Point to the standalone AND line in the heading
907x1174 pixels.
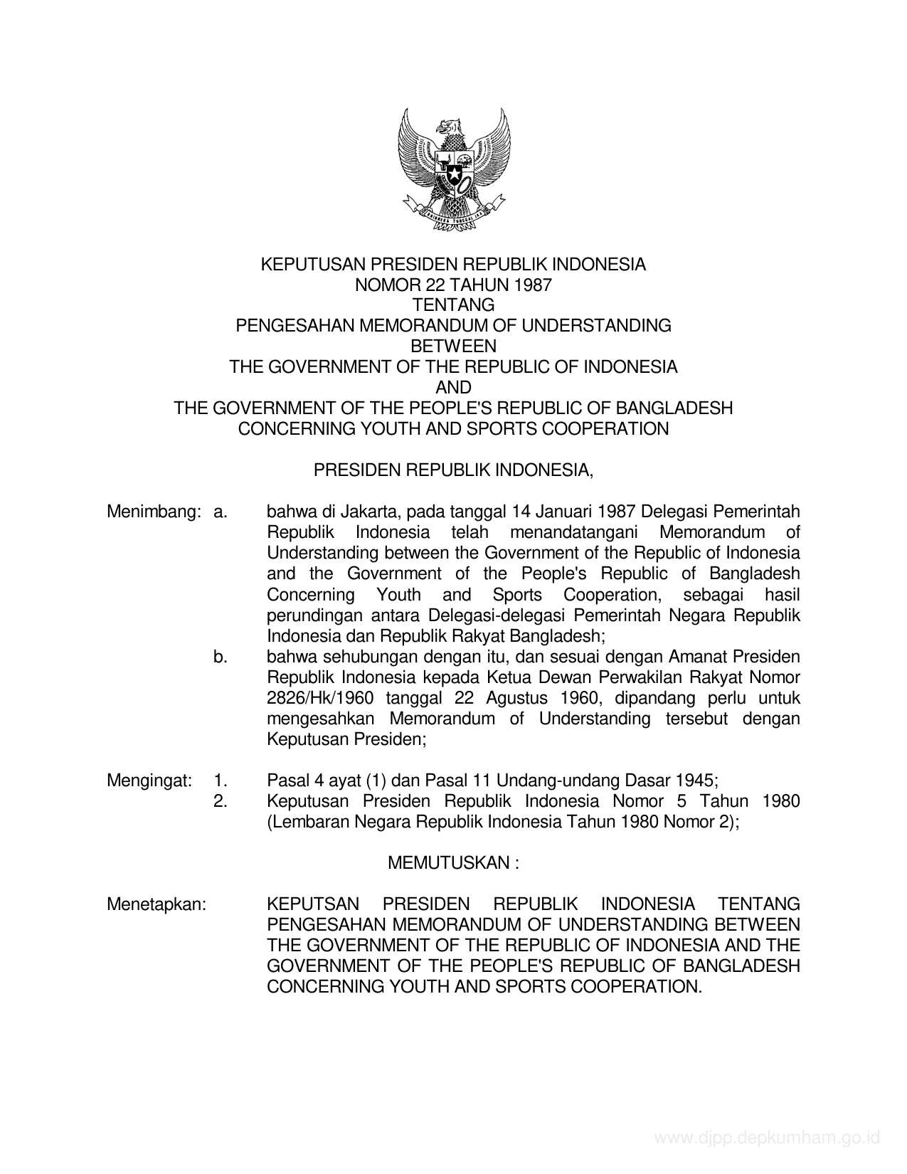coord(453,387)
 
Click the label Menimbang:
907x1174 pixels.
coord(150,512)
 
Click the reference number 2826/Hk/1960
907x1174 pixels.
coord(319,698)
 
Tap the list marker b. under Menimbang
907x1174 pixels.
coord(220,657)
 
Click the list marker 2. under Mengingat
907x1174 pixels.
coord(220,801)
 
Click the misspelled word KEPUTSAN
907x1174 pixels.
coord(313,904)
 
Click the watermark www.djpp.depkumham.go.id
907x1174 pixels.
coord(767,1138)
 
